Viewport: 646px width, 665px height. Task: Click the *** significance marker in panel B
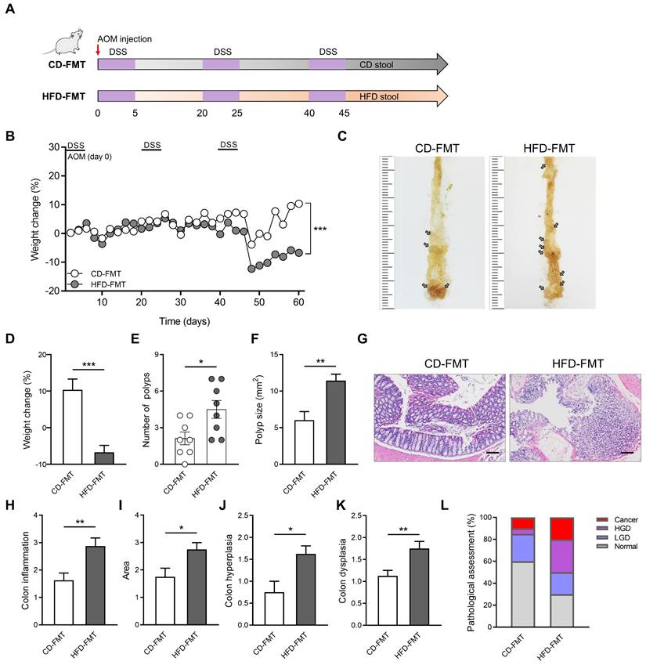(x=319, y=229)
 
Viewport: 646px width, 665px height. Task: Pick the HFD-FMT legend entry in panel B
(x=87, y=285)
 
